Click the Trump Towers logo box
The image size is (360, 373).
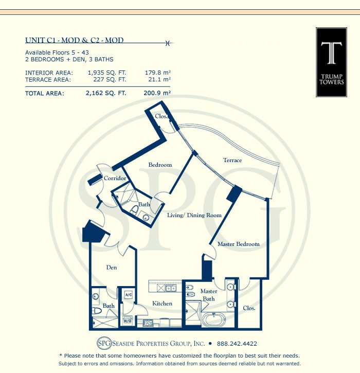point(331,62)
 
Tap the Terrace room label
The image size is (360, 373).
point(232,160)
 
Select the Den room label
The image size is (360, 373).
point(112,268)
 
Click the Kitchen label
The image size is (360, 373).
point(162,304)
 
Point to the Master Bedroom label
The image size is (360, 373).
point(239,244)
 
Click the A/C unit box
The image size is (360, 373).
point(129,295)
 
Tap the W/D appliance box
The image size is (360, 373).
point(128,321)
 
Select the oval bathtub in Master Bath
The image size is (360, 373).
point(214,319)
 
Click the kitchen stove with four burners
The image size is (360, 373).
point(148,323)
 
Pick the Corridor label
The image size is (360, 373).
point(115,178)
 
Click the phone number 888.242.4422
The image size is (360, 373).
point(237,344)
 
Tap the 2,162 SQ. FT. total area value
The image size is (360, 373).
point(106,93)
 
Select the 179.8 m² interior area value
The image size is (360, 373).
point(158,73)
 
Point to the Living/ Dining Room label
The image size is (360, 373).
point(194,215)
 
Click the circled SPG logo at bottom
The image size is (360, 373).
point(104,343)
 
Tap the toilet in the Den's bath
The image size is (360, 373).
point(97,311)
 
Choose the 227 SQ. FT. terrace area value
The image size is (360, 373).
point(110,79)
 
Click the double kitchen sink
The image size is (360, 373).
point(171,289)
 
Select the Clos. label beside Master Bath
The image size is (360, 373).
point(249,308)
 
